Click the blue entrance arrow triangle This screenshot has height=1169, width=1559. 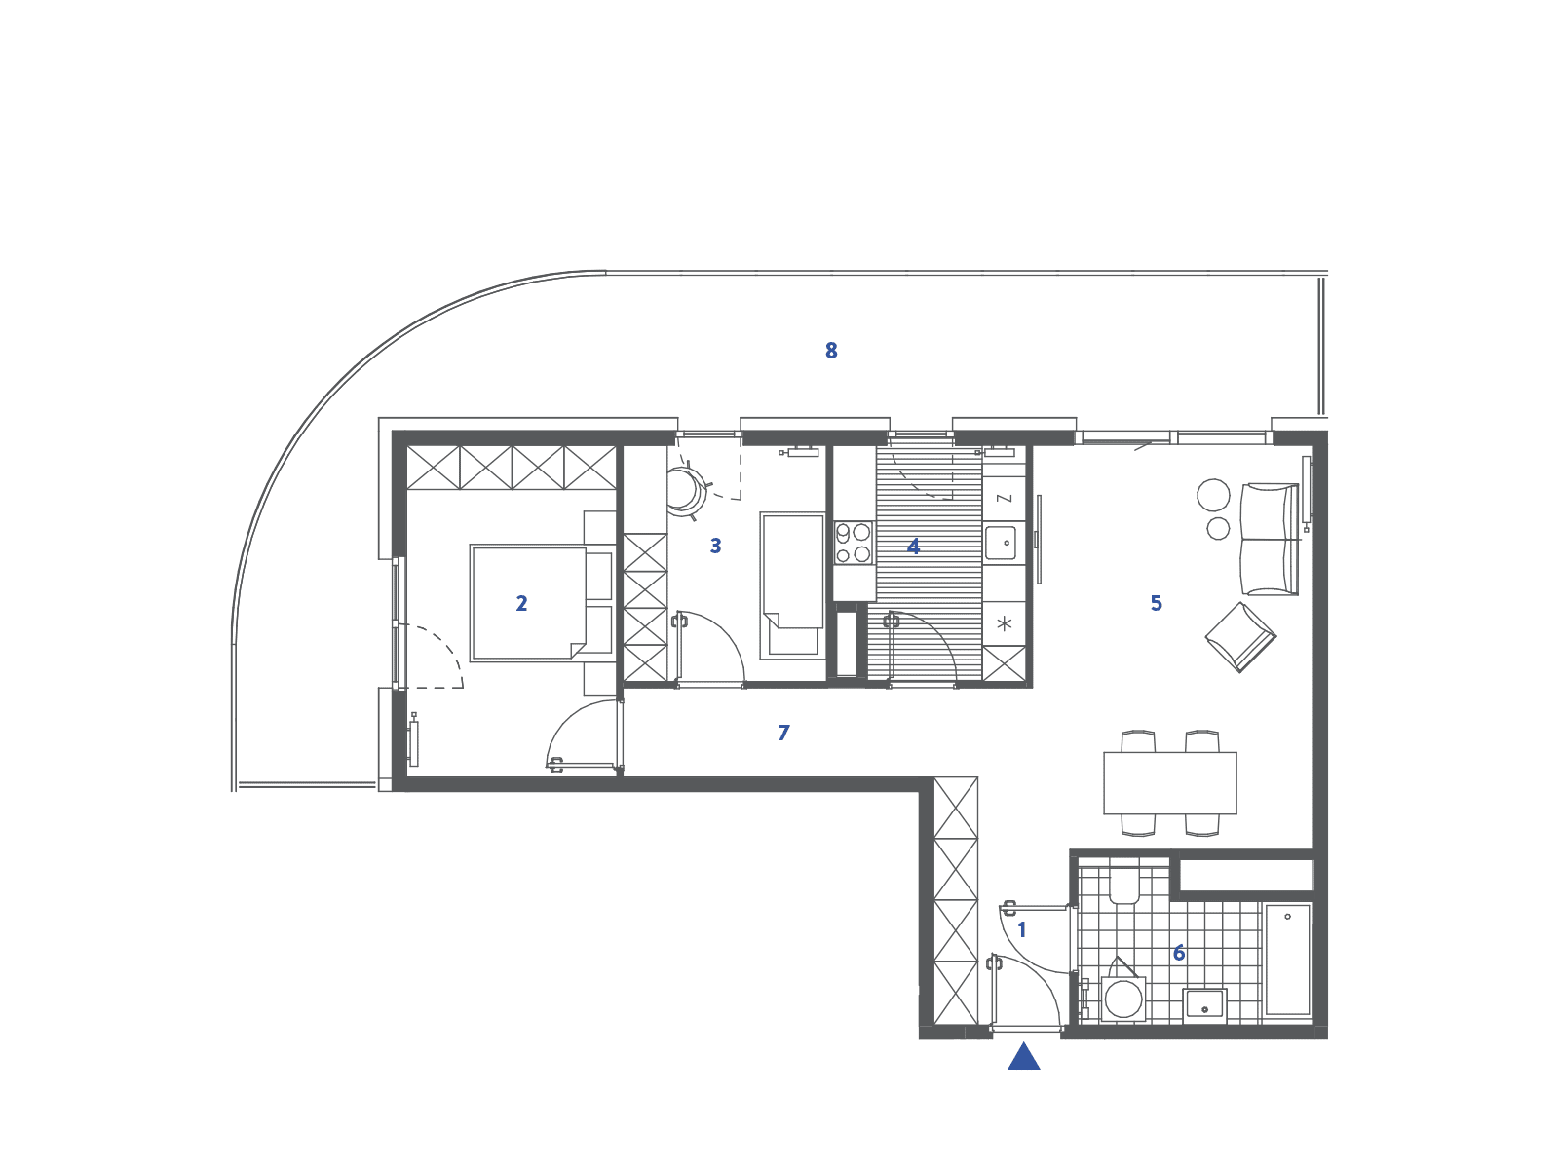[1023, 1056]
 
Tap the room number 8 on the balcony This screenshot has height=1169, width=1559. [831, 351]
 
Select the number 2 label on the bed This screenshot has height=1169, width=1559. [521, 603]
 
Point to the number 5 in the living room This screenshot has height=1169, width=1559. [1157, 603]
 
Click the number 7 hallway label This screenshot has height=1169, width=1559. [784, 733]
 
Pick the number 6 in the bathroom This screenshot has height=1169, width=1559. [1179, 953]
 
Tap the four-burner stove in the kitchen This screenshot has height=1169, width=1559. [853, 543]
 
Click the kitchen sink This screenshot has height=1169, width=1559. [1001, 543]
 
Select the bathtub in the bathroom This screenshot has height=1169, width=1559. [1288, 961]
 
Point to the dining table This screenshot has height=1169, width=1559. [1170, 783]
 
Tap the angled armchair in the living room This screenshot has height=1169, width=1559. [1240, 637]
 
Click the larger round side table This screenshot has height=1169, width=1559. [1213, 496]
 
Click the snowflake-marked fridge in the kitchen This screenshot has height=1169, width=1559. [1005, 623]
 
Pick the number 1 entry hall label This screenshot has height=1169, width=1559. [1022, 929]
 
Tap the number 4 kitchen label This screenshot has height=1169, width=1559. [913, 547]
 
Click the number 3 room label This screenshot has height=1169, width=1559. [716, 546]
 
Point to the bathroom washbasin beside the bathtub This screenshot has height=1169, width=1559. [1204, 1005]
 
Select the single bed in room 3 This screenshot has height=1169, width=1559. [792, 586]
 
